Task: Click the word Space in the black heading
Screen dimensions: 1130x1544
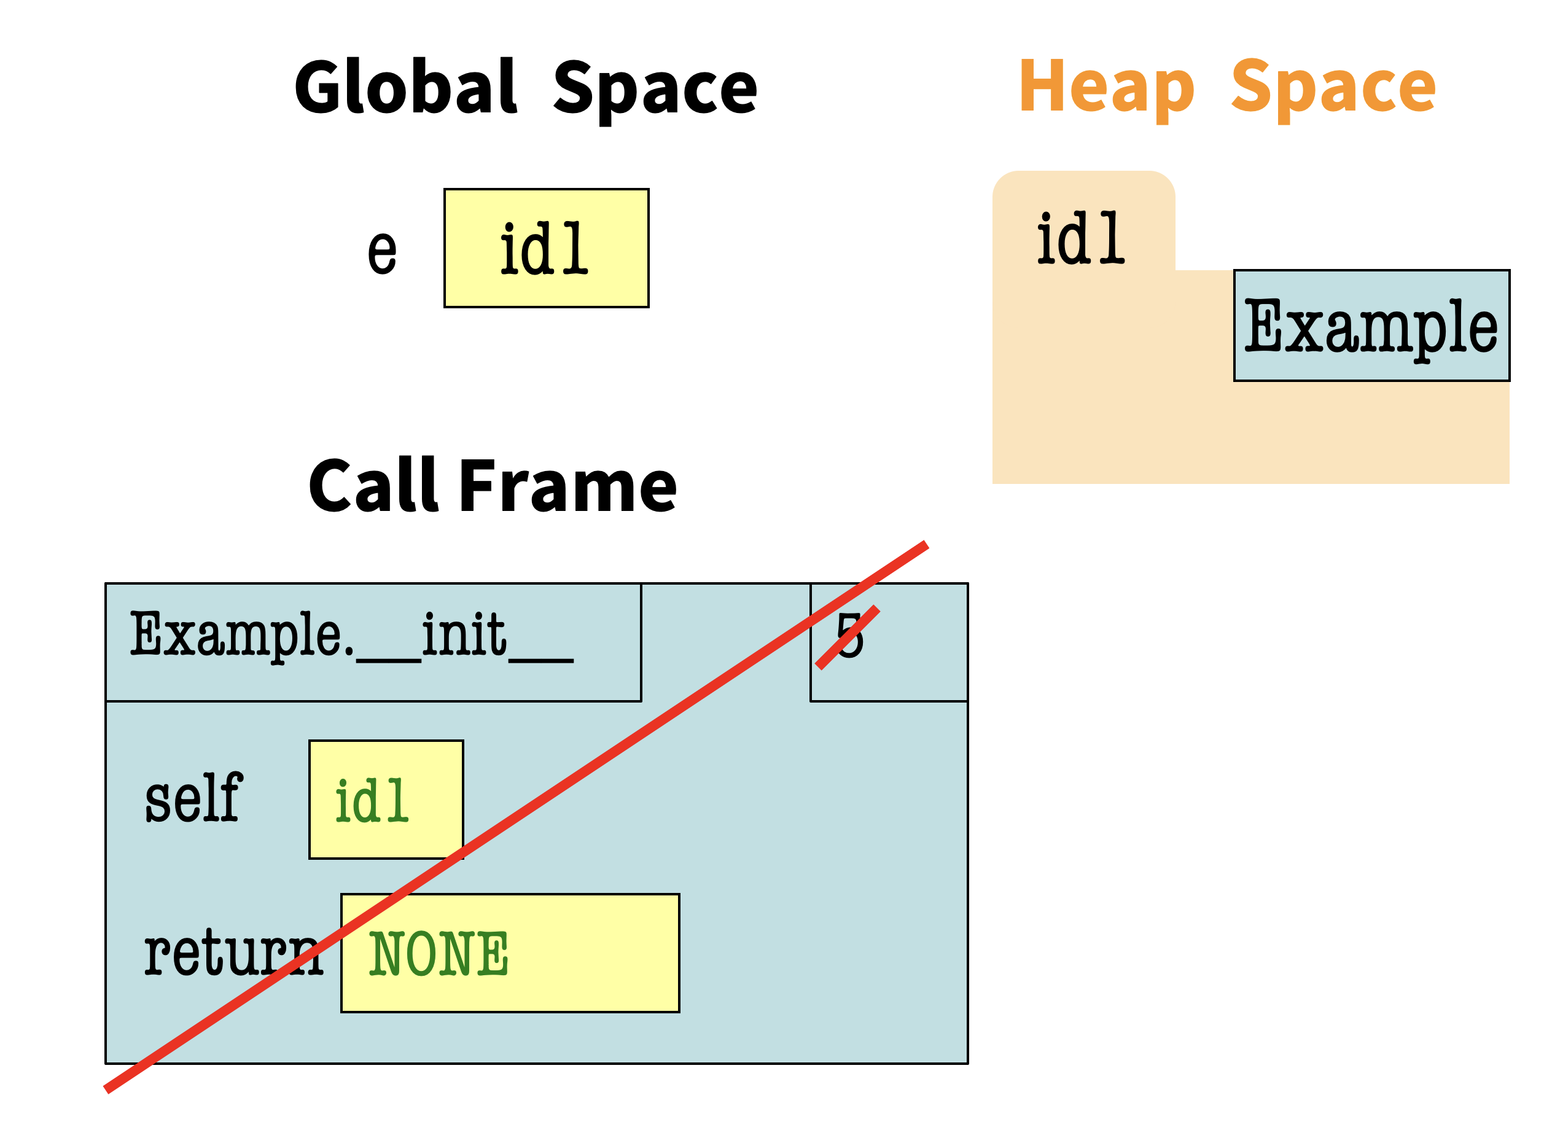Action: pos(654,89)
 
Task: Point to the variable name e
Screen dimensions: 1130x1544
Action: pos(382,251)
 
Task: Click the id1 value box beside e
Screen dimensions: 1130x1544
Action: pos(545,248)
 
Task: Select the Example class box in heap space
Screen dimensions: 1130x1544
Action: pos(1370,325)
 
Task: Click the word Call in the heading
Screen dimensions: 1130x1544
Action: pos(373,486)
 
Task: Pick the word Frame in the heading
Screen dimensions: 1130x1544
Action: pos(568,486)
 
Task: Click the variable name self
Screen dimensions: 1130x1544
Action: pos(193,798)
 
